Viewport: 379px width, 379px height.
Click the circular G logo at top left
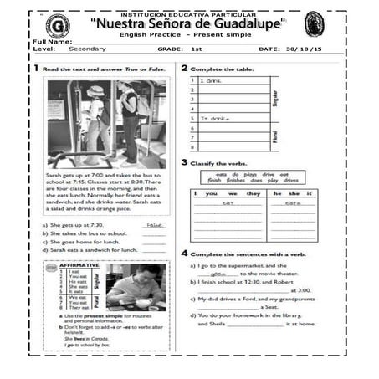[x=57, y=25]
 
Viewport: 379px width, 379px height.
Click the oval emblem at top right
[x=314, y=24]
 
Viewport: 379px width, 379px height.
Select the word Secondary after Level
[x=88, y=50]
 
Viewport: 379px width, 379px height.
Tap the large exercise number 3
[x=184, y=162]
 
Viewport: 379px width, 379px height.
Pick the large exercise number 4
[x=184, y=252]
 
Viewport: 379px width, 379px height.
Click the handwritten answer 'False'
[x=152, y=224]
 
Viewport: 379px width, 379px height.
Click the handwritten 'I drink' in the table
[x=212, y=81]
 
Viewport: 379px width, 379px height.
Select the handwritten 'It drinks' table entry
[x=215, y=119]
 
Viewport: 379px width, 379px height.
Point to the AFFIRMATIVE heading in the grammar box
[x=79, y=264]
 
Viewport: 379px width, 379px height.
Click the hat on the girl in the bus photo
[x=95, y=90]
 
